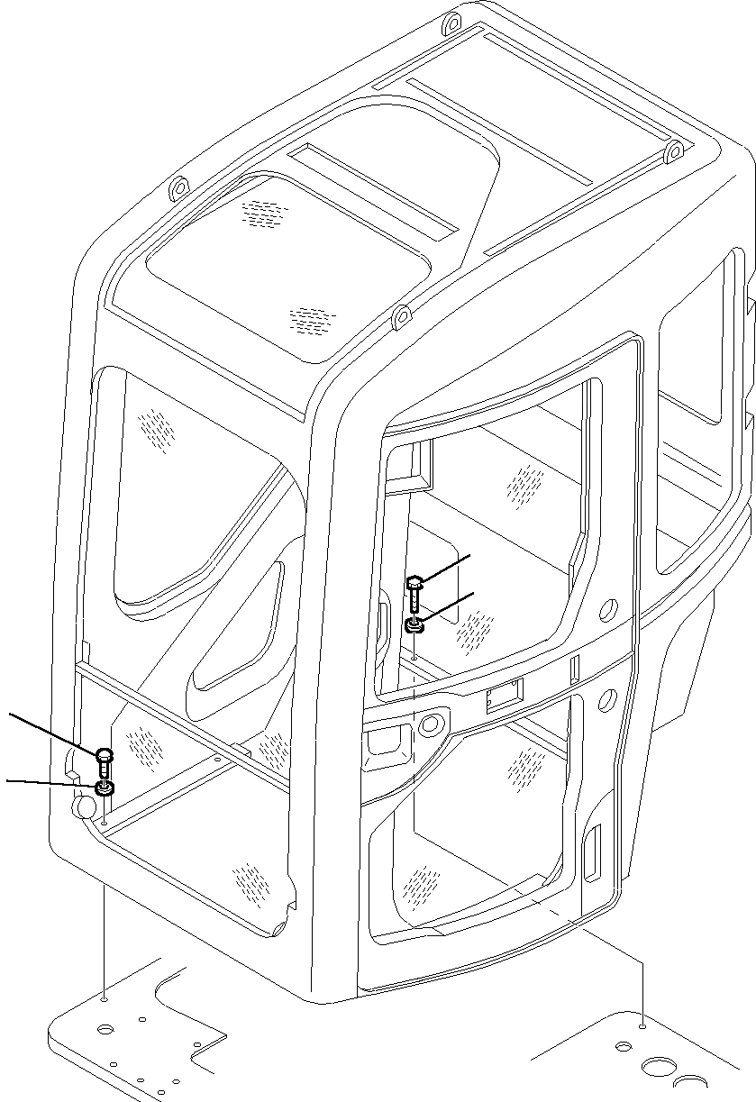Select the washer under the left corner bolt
click(x=105, y=790)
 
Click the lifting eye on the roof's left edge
click(x=177, y=190)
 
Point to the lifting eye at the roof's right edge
click(x=671, y=153)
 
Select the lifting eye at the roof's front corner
click(x=401, y=318)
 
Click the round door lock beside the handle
click(x=434, y=724)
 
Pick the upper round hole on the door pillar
click(x=610, y=609)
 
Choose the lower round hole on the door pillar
click(x=607, y=698)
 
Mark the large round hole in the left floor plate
click(x=106, y=1028)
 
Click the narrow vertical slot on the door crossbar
click(x=572, y=669)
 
